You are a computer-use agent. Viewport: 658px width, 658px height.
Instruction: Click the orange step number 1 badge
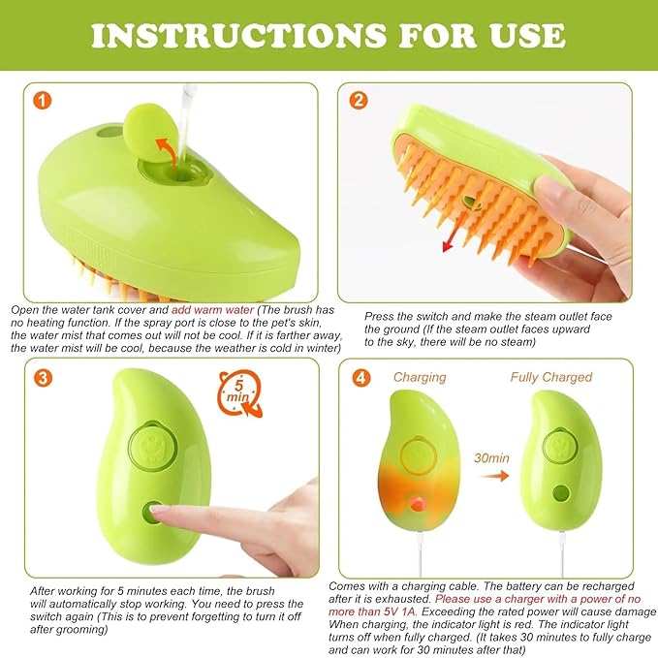tap(42, 100)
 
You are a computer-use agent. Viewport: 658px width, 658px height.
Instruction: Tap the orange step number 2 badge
tap(359, 100)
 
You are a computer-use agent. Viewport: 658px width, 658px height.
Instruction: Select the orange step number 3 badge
tap(42, 376)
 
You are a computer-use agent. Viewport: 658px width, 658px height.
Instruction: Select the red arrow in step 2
tap(455, 234)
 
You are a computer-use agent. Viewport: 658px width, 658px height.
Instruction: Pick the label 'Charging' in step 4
tap(420, 377)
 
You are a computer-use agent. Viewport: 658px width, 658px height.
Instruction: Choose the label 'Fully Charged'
tap(550, 377)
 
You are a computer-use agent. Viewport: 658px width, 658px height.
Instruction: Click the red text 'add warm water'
tap(212, 309)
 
